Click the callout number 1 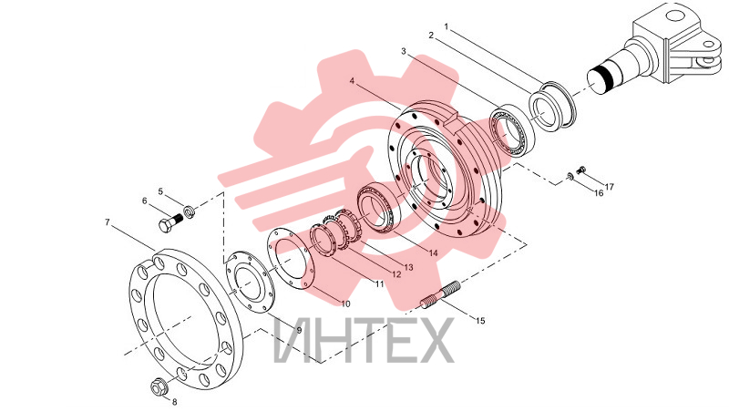[x=447, y=26]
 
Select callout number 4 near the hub [x=352, y=80]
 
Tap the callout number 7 [x=108, y=222]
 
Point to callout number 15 [x=480, y=320]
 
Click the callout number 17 [x=609, y=187]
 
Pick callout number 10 [x=345, y=304]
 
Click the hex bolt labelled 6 [x=171, y=223]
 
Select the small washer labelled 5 [x=190, y=211]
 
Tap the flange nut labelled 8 [x=159, y=386]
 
